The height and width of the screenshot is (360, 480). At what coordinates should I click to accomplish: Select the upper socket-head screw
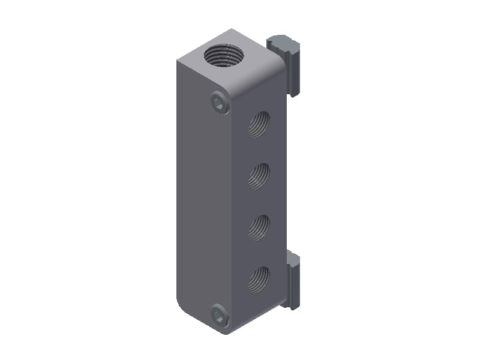[x=220, y=104]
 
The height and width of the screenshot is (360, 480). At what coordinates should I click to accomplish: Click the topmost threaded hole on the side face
[x=260, y=124]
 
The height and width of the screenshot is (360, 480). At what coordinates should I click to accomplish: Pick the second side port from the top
[x=260, y=176]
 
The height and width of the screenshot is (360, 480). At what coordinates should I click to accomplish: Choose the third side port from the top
[x=260, y=227]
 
